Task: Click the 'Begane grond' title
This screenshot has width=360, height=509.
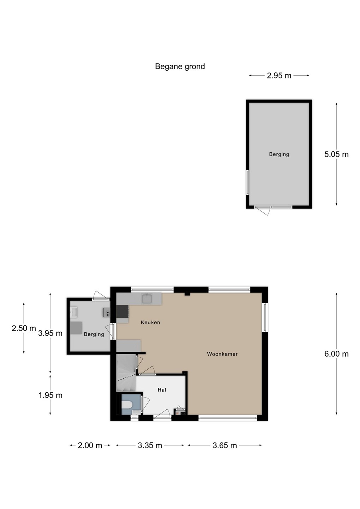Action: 180,66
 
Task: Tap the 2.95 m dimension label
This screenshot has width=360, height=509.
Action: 279,75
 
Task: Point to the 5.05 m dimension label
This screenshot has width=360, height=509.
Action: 336,154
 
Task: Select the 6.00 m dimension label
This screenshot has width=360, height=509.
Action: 336,354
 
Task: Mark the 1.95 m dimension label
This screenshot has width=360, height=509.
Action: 51,395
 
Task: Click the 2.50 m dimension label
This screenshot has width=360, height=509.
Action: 24,328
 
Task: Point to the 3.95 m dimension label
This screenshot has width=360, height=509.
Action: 50,333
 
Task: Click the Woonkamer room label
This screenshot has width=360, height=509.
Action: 222,354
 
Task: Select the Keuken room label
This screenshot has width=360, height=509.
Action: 151,322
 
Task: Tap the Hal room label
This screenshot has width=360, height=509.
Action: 162,390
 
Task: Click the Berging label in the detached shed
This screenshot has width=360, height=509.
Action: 279,154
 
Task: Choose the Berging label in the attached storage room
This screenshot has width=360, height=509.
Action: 94,334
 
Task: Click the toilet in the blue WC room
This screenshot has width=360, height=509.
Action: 127,405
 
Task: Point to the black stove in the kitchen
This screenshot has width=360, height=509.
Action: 123,311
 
